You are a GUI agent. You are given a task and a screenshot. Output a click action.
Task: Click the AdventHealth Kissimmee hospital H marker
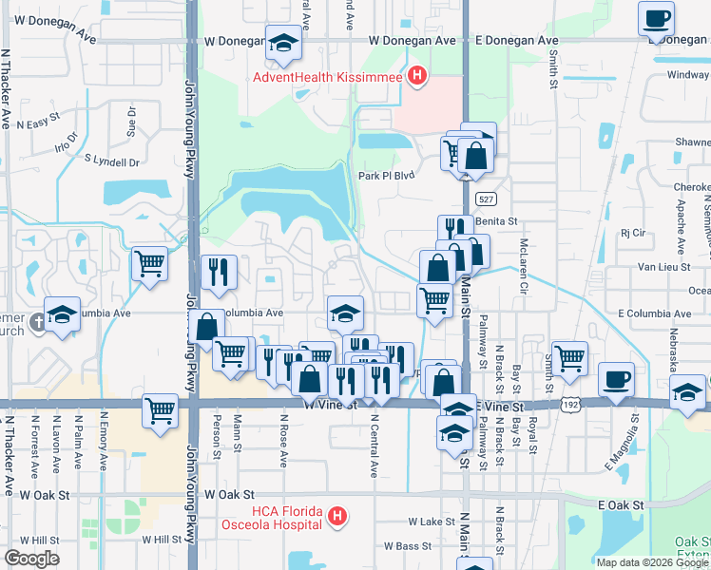pos(415,77)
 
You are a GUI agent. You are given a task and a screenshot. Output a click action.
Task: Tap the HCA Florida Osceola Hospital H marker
pos(336,517)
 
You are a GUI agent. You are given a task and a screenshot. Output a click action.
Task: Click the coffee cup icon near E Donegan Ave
pos(657,19)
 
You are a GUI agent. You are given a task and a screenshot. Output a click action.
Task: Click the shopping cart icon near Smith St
pos(568,358)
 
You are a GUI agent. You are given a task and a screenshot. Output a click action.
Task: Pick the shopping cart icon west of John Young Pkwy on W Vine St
pos(160,410)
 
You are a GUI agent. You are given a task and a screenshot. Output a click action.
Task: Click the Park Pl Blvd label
pos(388,176)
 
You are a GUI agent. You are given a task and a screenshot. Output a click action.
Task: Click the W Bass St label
pos(408,546)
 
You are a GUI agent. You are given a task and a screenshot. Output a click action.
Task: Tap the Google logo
pos(30,559)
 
